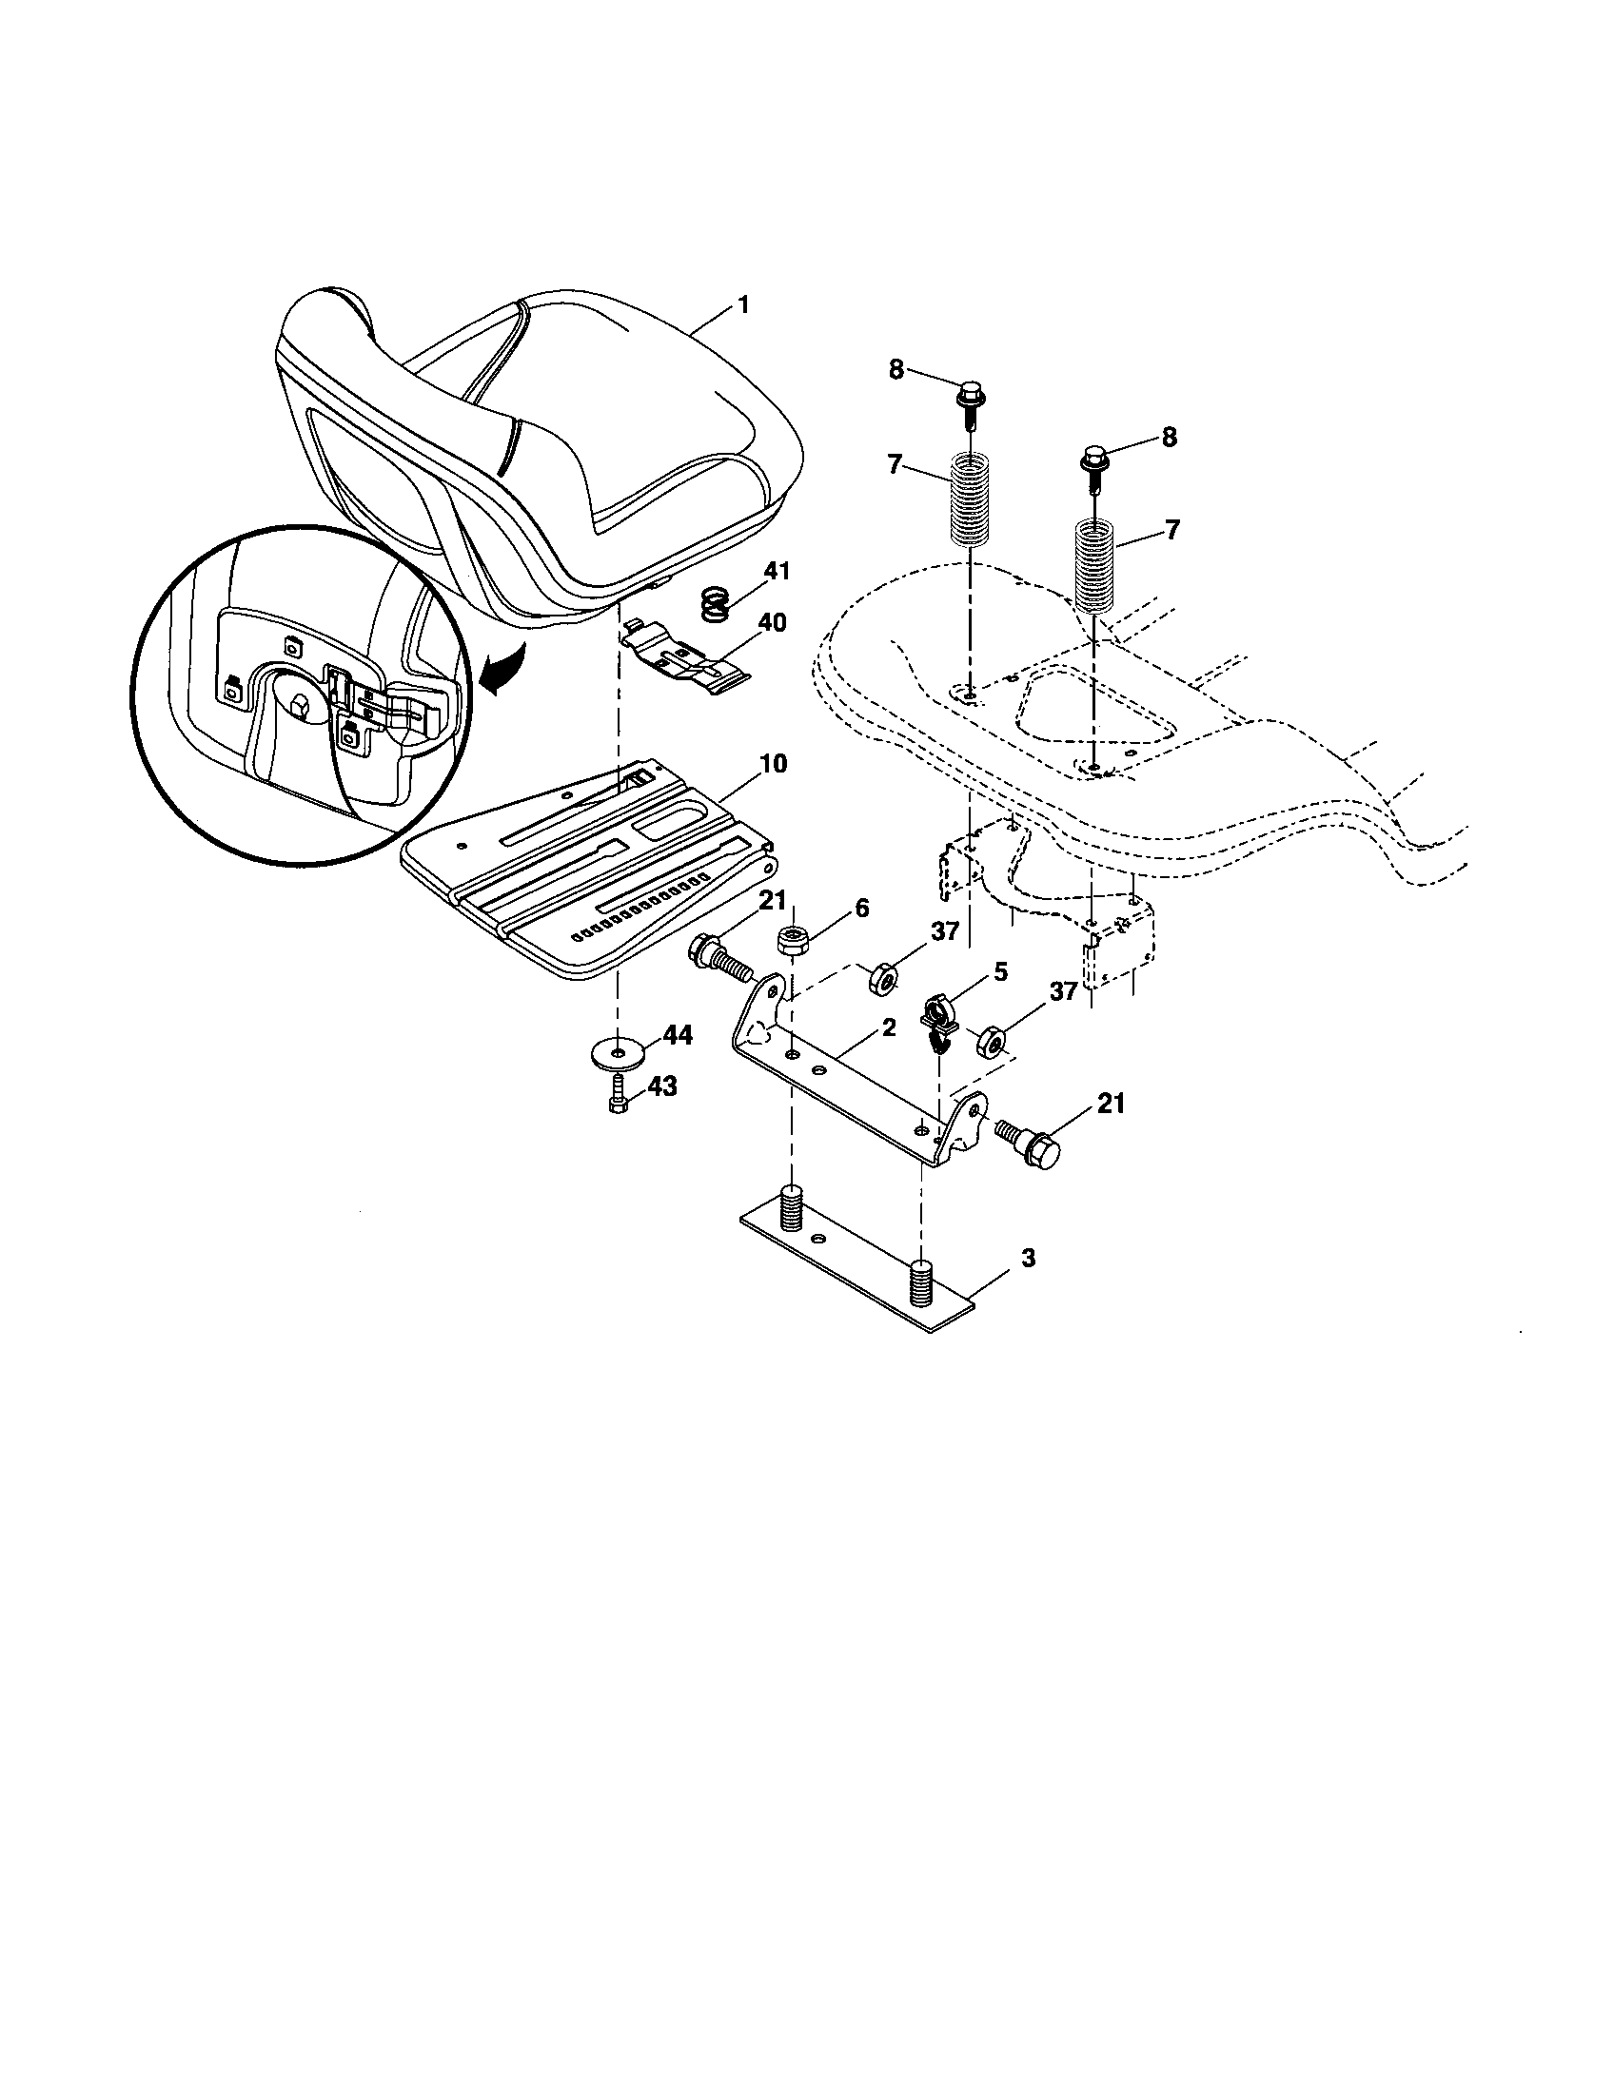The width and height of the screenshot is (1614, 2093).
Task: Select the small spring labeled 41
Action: click(713, 605)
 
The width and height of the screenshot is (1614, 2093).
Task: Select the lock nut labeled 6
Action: click(793, 941)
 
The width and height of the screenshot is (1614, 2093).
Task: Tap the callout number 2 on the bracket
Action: click(889, 1028)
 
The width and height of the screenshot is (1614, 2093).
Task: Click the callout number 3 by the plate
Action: click(1028, 1259)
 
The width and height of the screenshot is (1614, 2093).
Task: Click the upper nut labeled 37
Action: click(882, 979)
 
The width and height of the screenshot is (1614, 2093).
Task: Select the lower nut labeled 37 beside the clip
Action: click(990, 1041)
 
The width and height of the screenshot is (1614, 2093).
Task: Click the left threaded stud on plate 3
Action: click(791, 1209)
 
